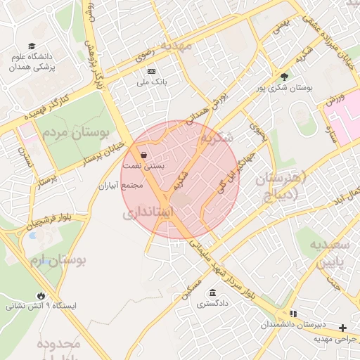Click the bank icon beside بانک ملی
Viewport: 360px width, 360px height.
coord(151,71)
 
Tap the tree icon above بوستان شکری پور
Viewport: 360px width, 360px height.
coord(284,77)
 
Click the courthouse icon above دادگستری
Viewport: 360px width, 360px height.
coord(212,292)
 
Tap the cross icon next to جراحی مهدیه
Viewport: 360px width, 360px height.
coord(342,328)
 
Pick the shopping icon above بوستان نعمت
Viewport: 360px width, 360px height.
coord(144,155)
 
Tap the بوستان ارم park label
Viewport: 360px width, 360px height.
coord(58,261)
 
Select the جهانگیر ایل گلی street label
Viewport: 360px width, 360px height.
coord(229,179)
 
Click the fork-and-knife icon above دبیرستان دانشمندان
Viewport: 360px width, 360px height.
coord(293,313)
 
